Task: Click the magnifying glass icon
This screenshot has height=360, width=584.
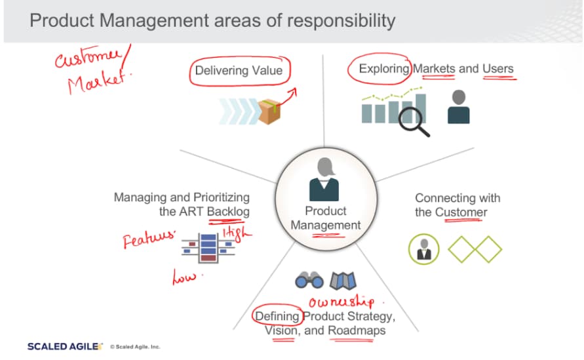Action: click(414, 122)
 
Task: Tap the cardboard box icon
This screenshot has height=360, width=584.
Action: click(269, 111)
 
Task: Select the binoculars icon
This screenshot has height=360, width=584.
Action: click(309, 280)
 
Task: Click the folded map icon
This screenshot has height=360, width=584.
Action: click(343, 281)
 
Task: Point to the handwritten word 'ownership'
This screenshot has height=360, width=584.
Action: click(342, 301)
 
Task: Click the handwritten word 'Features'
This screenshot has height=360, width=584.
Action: click(149, 239)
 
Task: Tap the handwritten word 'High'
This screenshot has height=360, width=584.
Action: click(237, 234)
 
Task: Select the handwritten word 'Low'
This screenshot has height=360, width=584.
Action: click(184, 277)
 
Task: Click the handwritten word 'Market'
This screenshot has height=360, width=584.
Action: click(100, 82)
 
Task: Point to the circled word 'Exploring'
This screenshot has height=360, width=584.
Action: click(383, 69)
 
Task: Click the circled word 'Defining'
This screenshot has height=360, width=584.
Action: click(277, 317)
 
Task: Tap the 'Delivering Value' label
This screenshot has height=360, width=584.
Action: click(239, 70)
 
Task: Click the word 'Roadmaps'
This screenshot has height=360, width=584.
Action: click(357, 330)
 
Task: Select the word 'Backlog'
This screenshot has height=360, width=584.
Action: click(228, 212)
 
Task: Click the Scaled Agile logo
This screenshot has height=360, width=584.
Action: click(65, 347)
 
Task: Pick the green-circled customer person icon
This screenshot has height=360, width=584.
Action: click(423, 249)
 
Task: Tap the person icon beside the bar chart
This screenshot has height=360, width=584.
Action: click(459, 107)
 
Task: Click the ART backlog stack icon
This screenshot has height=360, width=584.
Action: click(208, 248)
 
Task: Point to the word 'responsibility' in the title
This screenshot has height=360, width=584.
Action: click(341, 21)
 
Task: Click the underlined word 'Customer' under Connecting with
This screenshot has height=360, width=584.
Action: click(461, 212)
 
